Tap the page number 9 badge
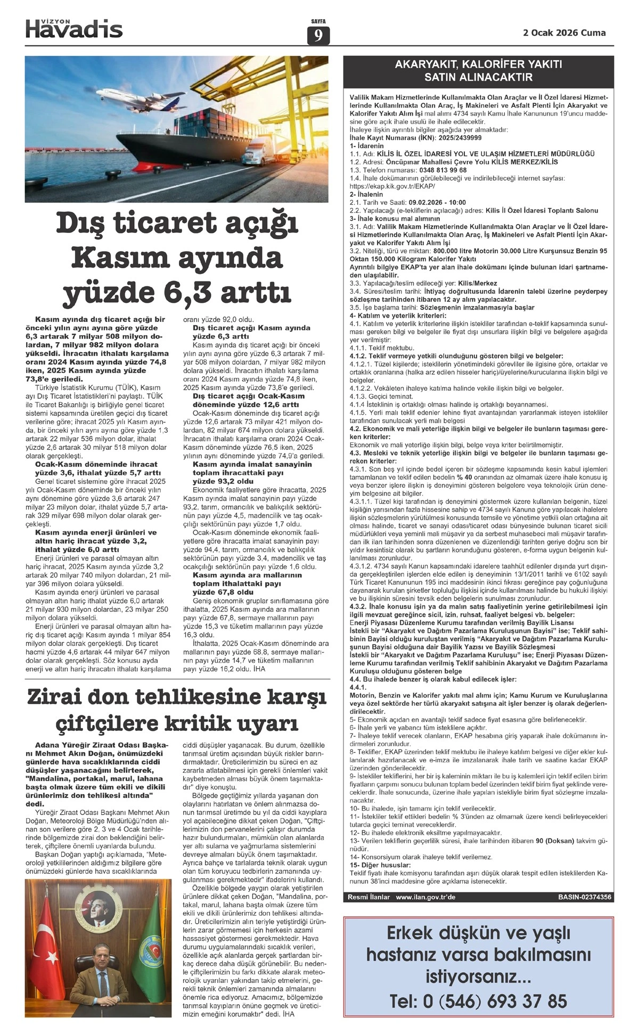[x=318, y=35]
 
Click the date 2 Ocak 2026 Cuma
[x=564, y=33]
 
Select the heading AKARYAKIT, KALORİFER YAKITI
[x=478, y=65]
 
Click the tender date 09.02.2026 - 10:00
[x=437, y=203]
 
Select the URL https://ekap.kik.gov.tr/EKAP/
[x=392, y=187]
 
